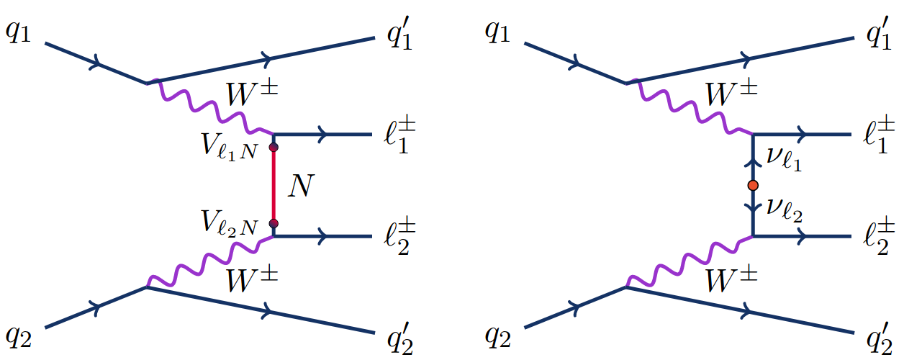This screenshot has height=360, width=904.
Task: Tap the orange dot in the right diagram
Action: [x=753, y=186]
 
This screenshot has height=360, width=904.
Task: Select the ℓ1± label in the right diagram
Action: [x=872, y=135]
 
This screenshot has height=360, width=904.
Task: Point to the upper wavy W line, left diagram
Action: [x=209, y=108]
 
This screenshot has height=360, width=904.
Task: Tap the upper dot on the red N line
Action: [x=274, y=148]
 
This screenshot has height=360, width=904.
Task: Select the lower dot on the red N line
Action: [x=274, y=223]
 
